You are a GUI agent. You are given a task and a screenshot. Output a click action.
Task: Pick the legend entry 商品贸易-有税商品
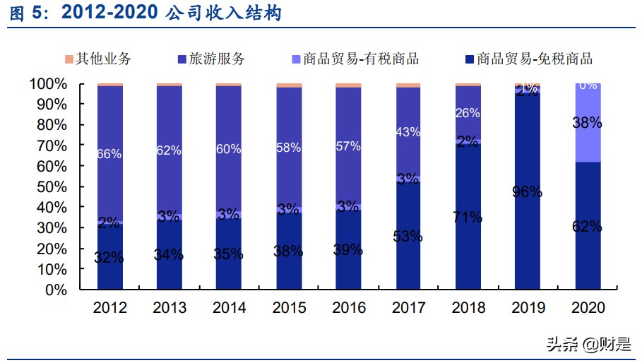tap(354, 59)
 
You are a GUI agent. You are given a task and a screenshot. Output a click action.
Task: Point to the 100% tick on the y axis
tap(49, 84)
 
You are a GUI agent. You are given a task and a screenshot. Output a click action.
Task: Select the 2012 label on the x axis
tap(110, 308)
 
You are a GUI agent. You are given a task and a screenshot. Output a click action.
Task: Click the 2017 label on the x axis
tap(408, 308)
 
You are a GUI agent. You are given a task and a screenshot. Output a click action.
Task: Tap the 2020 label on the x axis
tap(587, 308)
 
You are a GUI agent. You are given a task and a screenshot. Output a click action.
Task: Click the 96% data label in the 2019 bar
tap(528, 191)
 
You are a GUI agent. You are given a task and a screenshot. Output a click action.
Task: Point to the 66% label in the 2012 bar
tap(109, 153)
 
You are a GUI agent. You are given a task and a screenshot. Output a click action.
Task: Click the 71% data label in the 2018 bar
tap(468, 217)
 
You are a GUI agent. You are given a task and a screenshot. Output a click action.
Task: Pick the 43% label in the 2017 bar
tap(408, 132)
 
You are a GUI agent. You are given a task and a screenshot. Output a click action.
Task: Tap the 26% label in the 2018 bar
tap(468, 113)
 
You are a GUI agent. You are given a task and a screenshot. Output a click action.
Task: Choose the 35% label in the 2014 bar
tap(229, 255)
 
